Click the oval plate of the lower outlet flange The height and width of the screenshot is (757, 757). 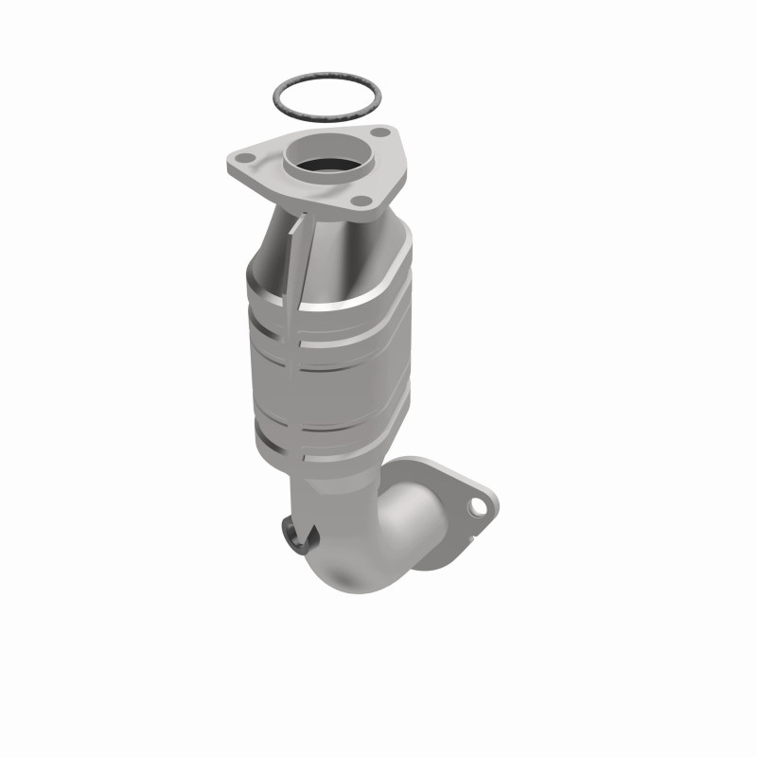click(445, 483)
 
